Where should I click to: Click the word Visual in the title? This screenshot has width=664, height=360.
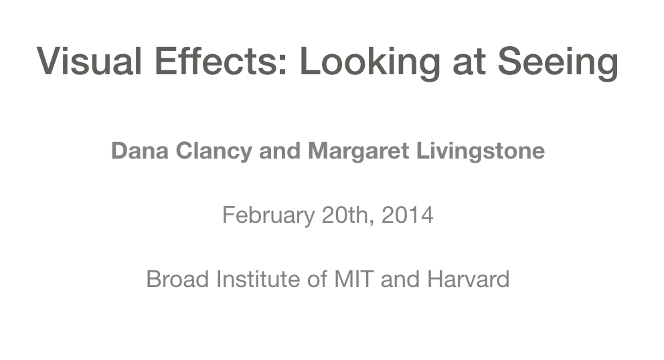90,61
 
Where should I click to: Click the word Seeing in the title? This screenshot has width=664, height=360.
557,61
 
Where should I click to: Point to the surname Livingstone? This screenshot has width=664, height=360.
481,151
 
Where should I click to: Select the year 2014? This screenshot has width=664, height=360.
408,215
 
